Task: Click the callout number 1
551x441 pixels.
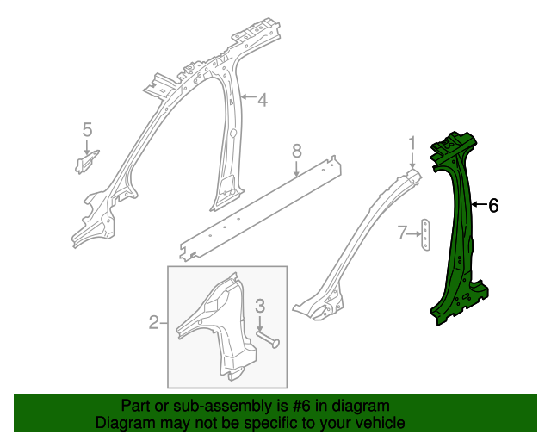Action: pyautogui.click(x=412, y=142)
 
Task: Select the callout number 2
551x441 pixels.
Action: pyautogui.click(x=154, y=323)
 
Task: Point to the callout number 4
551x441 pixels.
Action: pyautogui.click(x=263, y=101)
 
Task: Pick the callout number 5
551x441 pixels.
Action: pyautogui.click(x=87, y=130)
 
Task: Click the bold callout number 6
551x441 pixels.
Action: pyautogui.click(x=493, y=206)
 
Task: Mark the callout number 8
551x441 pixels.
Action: pyautogui.click(x=296, y=152)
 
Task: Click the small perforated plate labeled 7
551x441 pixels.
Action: pyautogui.click(x=426, y=233)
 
